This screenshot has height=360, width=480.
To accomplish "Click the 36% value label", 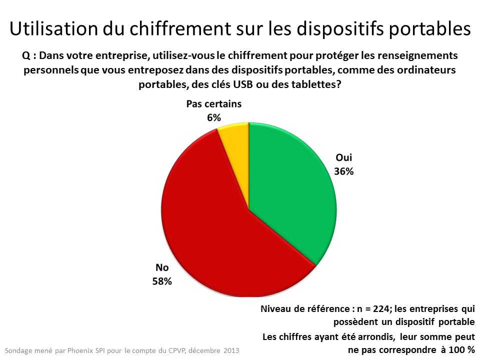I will [344, 171].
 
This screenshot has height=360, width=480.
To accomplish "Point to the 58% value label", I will [162, 281].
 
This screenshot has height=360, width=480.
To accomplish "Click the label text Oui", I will [343, 158].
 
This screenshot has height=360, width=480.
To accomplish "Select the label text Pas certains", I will [214, 104].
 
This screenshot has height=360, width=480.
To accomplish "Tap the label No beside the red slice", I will [162, 267].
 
